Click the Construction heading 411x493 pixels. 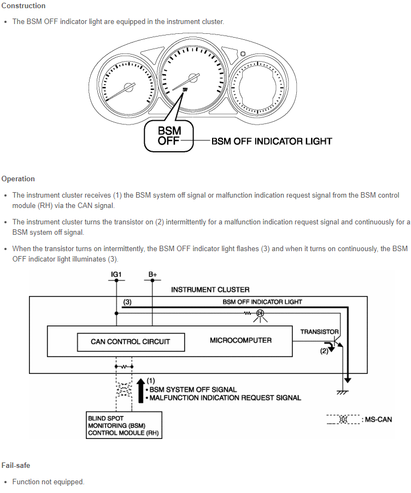click(24, 6)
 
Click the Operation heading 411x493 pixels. click(18, 179)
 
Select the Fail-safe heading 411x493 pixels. click(16, 465)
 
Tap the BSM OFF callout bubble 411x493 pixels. click(169, 135)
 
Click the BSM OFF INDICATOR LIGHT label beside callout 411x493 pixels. click(272, 141)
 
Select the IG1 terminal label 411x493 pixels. click(116, 275)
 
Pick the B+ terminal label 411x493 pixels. click(152, 275)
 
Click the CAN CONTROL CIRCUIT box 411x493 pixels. click(130, 342)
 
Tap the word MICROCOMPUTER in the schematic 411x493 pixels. click(240, 340)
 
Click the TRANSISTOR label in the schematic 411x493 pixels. click(320, 331)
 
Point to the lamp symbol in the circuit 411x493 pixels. click(260, 313)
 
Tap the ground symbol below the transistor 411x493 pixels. click(343, 391)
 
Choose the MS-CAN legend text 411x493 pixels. click(377, 419)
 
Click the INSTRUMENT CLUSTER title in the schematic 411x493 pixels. click(210, 289)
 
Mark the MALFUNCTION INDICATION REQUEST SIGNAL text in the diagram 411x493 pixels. click(225, 397)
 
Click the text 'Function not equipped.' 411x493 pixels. click(49, 482)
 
